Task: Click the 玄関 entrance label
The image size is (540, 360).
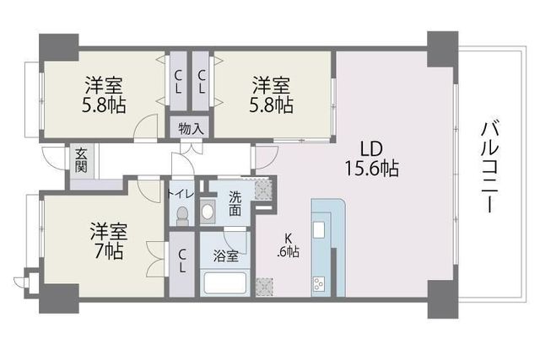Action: (81, 159)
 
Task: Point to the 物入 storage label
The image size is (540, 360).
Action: (191, 129)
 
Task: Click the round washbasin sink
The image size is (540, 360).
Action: (208, 211)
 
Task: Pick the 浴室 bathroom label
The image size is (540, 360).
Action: (225, 256)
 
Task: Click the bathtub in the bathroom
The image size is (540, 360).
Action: (224, 283)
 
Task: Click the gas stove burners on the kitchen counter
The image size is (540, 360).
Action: (321, 282)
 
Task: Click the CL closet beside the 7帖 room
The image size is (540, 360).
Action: (182, 261)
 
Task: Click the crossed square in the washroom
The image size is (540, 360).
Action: (264, 191)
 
